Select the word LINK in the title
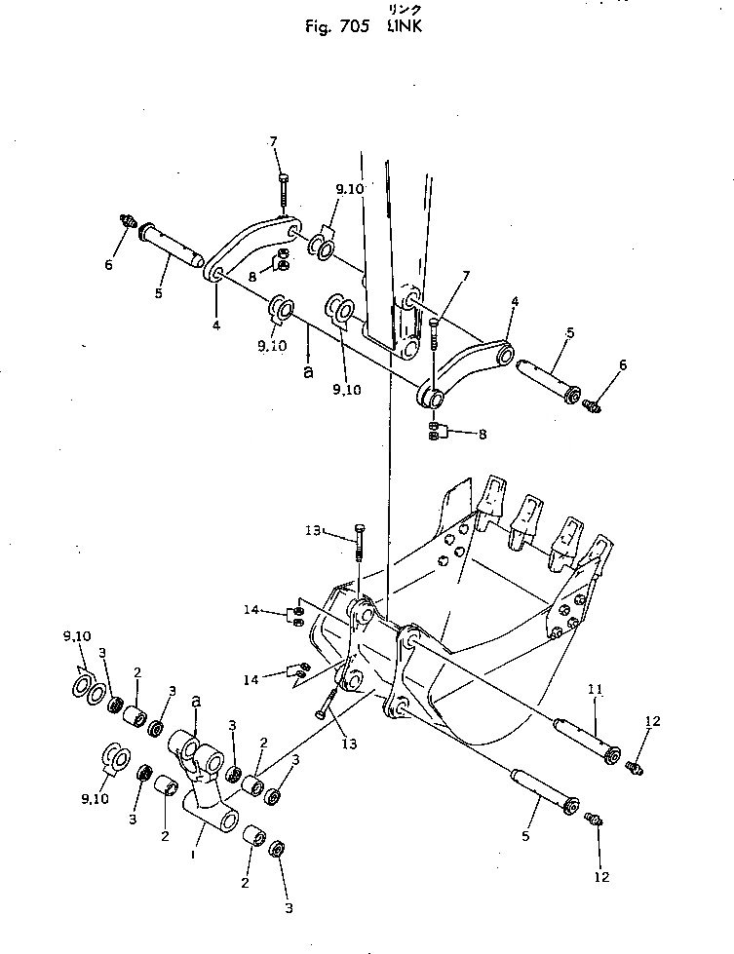point(405,26)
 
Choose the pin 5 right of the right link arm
point(557,374)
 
